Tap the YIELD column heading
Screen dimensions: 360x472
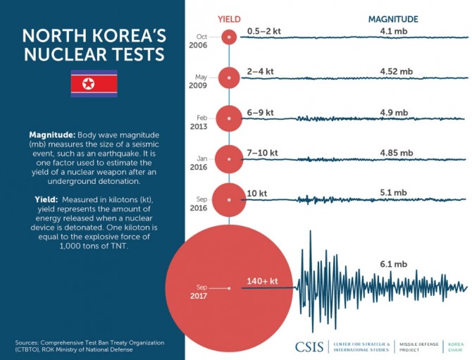pyautogui.click(x=229, y=19)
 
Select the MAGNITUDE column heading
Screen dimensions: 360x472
pyautogui.click(x=393, y=19)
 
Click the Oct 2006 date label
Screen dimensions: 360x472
pyautogui.click(x=201, y=41)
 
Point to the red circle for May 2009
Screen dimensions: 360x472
pyautogui.click(x=228, y=78)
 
